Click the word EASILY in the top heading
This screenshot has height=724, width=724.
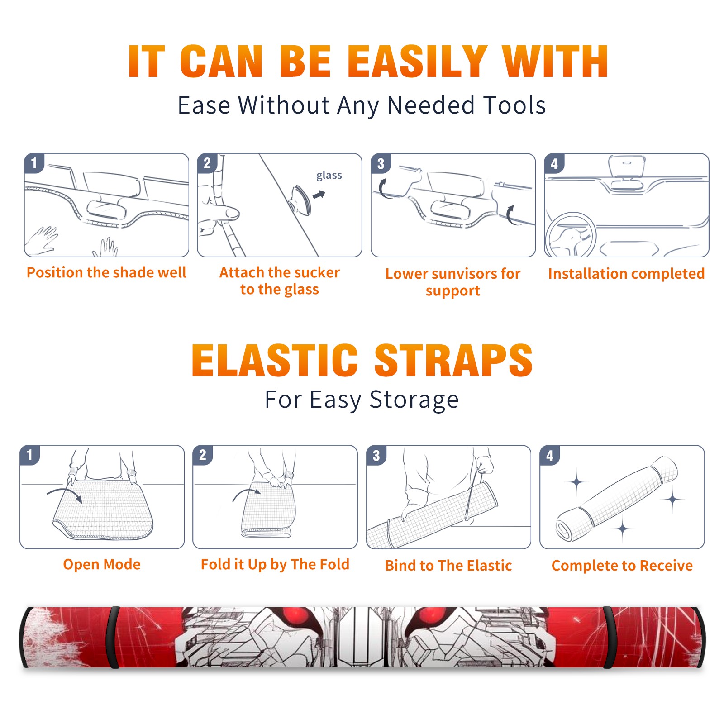417,62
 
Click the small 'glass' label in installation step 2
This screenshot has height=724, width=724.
329,175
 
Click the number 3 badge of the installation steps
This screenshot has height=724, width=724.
381,163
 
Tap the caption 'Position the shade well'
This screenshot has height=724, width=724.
106,272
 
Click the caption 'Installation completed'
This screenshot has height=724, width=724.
626,273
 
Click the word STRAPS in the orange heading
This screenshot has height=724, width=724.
453,360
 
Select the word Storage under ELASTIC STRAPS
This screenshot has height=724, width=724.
414,400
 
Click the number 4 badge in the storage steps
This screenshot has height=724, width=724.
549,455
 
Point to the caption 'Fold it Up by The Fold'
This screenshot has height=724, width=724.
275,565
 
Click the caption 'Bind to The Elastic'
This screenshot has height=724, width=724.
448,566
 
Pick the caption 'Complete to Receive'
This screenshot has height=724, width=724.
622,566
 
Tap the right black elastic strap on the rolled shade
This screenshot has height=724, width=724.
609,637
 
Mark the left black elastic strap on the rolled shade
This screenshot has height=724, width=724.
112,637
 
